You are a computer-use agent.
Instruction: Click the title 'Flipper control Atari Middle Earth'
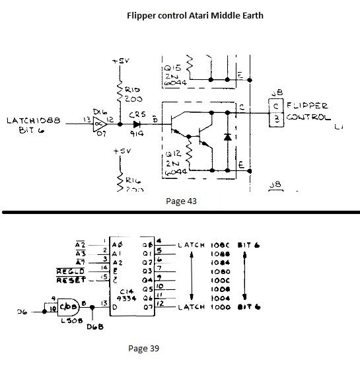(195, 15)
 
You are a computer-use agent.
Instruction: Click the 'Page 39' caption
(143, 348)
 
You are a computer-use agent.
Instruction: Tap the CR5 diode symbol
(137, 122)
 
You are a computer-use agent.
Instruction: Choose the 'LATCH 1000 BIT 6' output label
(218, 308)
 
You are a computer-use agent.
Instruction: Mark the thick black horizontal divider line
(180, 212)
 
